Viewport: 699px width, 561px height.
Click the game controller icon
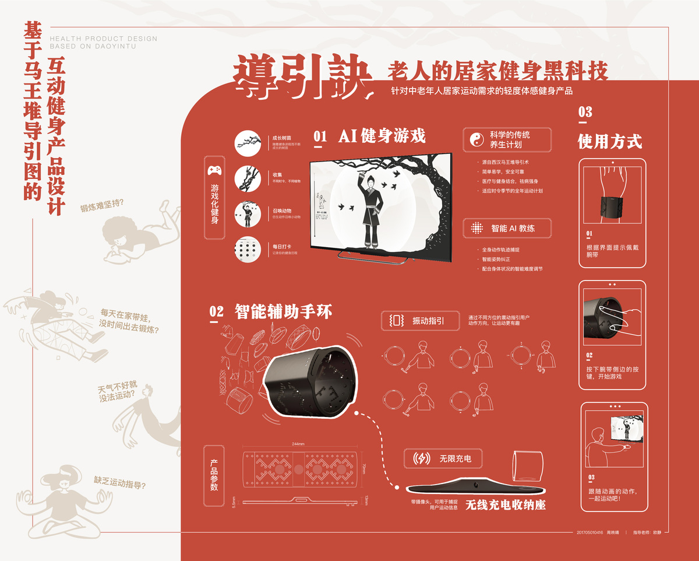click(214, 171)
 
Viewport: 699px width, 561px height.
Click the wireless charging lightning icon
click(421, 459)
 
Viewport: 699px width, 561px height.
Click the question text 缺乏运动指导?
click(120, 483)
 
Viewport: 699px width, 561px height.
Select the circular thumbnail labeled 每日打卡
click(247, 251)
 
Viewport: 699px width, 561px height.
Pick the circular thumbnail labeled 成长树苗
click(247, 143)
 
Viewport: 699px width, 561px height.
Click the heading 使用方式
click(610, 141)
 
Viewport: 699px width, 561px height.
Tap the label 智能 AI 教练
click(513, 229)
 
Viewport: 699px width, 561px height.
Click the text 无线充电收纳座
click(505, 505)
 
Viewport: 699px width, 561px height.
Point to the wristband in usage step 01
click(613, 208)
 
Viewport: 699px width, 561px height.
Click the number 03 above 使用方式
click(585, 112)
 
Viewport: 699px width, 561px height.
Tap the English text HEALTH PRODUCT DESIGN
click(104, 39)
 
